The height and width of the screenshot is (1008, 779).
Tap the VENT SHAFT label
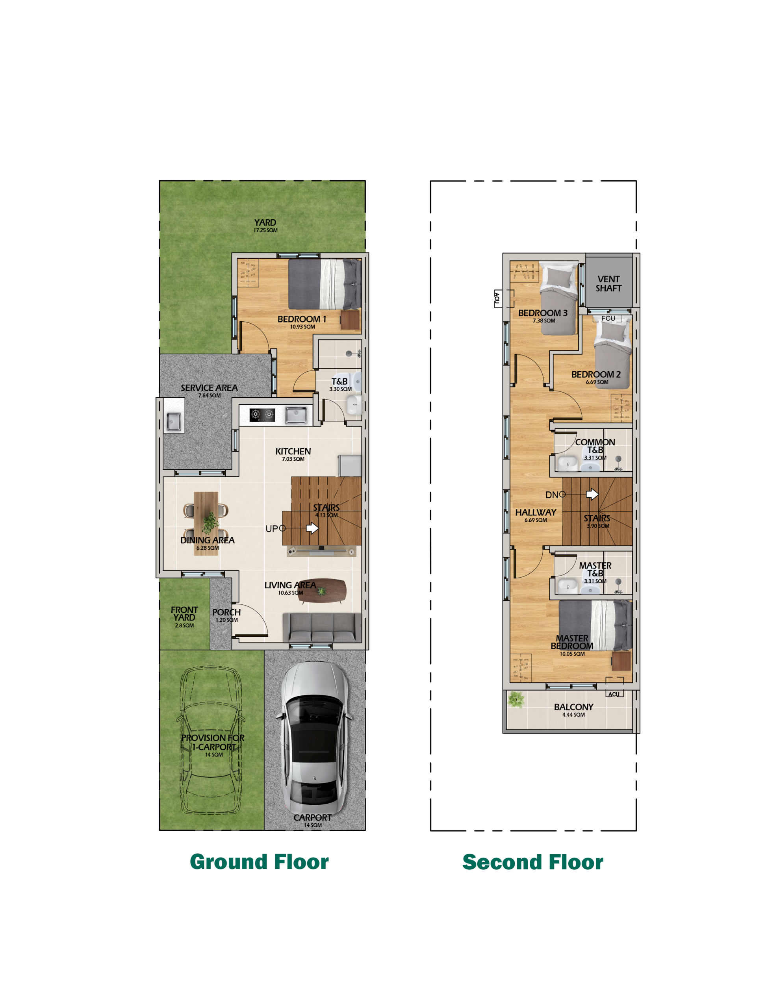[x=608, y=283]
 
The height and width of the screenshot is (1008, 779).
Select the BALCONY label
[x=573, y=707]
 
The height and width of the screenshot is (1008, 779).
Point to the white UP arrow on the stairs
[x=312, y=528]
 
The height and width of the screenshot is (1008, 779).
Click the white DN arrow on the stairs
[x=592, y=494]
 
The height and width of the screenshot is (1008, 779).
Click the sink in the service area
[x=174, y=421]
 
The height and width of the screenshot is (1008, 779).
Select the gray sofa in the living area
[x=322, y=627]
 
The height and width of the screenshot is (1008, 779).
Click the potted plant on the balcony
[x=516, y=699]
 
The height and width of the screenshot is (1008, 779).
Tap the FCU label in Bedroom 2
[x=608, y=319]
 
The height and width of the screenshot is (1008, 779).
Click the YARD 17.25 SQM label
[x=265, y=226]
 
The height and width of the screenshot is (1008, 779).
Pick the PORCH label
[x=226, y=612]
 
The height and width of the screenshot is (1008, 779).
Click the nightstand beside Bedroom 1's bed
[x=350, y=319]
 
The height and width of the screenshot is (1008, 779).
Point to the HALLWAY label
[x=536, y=512]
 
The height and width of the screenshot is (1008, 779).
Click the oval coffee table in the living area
[x=322, y=591]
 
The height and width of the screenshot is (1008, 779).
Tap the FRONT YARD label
[x=184, y=613]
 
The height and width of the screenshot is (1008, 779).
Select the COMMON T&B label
[x=595, y=446]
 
